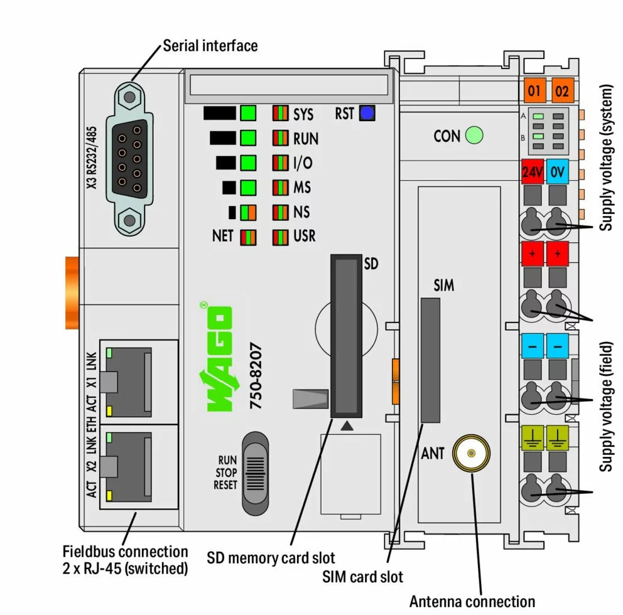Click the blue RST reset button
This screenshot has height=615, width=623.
(367, 114)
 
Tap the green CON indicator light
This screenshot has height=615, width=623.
(474, 135)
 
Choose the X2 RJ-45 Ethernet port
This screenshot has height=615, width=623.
(129, 465)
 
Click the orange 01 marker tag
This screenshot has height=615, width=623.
(533, 92)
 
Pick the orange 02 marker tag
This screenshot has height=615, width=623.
(561, 92)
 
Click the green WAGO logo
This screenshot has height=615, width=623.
(215, 358)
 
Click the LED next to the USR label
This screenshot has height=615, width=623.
(280, 237)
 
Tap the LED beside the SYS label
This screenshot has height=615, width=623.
(280, 114)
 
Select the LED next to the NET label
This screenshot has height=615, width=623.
(249, 237)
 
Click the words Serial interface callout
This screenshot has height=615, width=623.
(210, 46)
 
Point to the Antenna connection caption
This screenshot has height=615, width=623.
(472, 601)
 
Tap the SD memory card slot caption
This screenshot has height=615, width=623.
(271, 557)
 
